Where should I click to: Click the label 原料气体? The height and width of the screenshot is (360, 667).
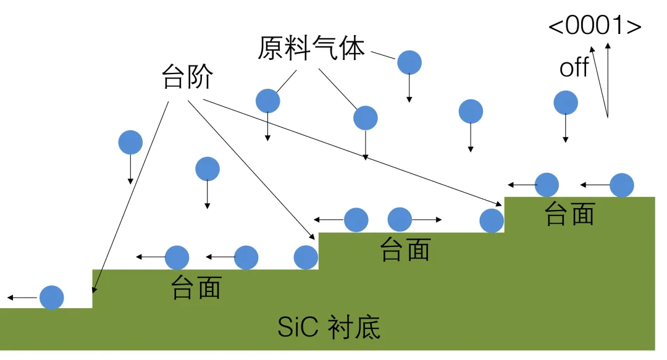(x=311, y=48)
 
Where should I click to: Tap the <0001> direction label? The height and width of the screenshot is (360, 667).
(x=595, y=27)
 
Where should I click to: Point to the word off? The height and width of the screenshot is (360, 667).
(x=574, y=67)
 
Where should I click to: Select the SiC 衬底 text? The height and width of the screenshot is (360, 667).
(x=329, y=327)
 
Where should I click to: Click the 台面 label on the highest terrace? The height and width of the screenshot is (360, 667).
(x=569, y=214)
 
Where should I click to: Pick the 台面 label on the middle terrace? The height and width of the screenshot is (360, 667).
(x=405, y=249)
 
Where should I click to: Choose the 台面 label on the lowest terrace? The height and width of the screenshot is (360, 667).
(x=196, y=287)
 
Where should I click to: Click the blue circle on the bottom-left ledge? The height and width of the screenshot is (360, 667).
(x=51, y=297)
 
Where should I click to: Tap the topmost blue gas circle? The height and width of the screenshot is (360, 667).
(x=409, y=62)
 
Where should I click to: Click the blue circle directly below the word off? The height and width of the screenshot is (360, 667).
(x=565, y=103)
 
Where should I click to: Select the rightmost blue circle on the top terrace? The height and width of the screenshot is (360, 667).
(x=621, y=185)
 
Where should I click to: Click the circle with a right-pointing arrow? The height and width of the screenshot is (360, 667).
(x=400, y=219)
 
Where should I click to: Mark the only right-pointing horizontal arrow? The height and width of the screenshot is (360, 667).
(x=427, y=219)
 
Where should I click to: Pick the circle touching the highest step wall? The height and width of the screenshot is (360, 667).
(x=491, y=220)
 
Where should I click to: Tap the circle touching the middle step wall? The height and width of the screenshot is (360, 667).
(x=306, y=257)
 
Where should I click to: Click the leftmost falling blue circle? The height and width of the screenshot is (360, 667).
(x=130, y=142)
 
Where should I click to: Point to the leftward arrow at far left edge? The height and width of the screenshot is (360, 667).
(x=22, y=298)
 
